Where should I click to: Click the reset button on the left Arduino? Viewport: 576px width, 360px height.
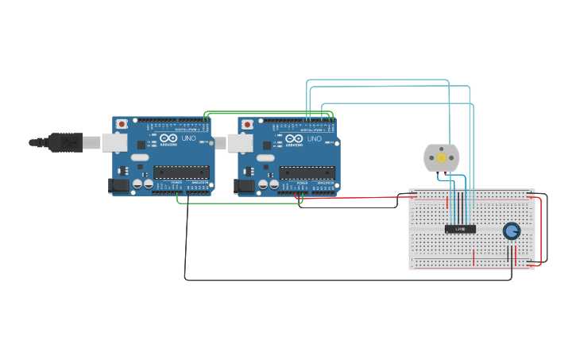pos(122,124)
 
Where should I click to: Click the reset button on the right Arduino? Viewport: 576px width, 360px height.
pos(247,124)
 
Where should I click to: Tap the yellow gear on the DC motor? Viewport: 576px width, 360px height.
pos(441,158)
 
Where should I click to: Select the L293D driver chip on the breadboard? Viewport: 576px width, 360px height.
pos(460,229)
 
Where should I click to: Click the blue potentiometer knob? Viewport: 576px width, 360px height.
pos(512,230)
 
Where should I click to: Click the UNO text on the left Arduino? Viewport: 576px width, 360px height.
pos(189,138)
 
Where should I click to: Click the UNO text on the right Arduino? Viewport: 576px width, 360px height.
pos(315,138)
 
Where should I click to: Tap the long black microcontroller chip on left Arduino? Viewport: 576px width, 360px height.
pos(182,172)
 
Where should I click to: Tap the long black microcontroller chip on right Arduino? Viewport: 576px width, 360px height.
pos(307,172)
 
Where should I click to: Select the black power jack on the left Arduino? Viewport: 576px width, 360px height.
pos(118,185)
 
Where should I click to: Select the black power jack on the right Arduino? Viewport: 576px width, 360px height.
pos(244,185)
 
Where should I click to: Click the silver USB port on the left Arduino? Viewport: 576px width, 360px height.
pos(114,142)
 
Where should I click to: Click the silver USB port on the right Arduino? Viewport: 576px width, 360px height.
pos(240,143)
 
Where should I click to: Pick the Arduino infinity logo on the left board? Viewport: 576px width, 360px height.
pos(168,138)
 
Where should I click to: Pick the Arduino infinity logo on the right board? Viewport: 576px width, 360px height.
pos(294,138)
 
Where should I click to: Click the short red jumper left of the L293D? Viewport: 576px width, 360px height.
pos(446,203)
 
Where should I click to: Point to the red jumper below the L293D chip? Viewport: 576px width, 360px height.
pos(474,257)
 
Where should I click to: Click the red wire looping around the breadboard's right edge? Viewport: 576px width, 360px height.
pos(541,230)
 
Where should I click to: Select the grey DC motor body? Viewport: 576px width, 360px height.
pos(429,157)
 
